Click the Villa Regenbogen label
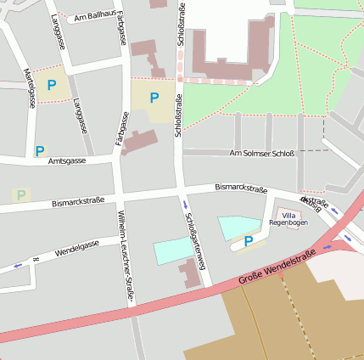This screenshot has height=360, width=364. pyautogui.click(x=289, y=220)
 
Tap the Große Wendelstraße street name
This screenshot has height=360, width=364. pyautogui.click(x=277, y=265)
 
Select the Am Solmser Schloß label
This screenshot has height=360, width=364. pyautogui.click(x=262, y=153)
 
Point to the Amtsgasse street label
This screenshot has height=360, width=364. pyautogui.click(x=67, y=160)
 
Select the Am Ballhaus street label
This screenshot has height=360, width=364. pyautogui.click(x=96, y=16)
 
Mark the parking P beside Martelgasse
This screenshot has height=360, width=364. pyautogui.click(x=52, y=85)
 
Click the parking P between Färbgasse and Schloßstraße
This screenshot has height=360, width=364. pyautogui.click(x=154, y=98)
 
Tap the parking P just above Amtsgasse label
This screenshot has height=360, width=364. pyautogui.click(x=40, y=150)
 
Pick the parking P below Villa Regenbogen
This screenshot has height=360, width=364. pyautogui.click(x=249, y=242)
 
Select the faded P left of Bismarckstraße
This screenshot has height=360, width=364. pyautogui.click(x=20, y=194)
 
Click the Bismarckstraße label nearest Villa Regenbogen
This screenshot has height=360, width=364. pyautogui.click(x=241, y=187)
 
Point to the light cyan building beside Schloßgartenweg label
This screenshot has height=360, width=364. pyautogui.click(x=173, y=251)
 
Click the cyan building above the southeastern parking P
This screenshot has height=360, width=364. pyautogui.click(x=238, y=226)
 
